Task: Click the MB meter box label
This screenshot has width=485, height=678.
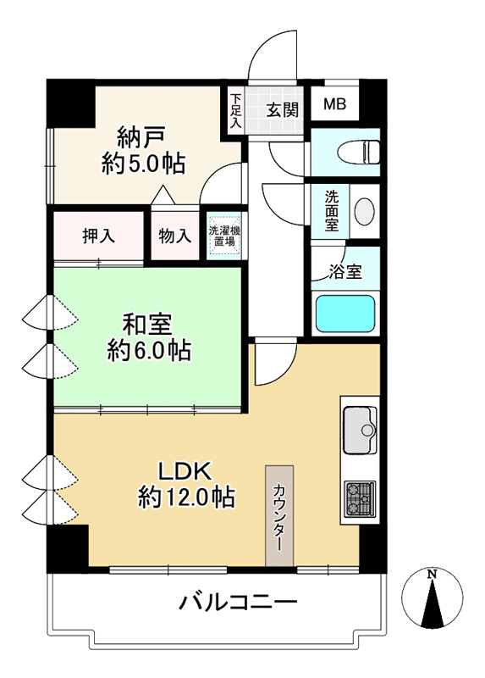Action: [335, 106]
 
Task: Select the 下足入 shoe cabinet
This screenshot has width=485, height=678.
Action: [234, 110]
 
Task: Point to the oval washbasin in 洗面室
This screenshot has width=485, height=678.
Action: [365, 210]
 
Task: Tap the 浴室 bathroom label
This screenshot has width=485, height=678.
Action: [344, 272]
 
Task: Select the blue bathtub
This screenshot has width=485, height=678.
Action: [344, 314]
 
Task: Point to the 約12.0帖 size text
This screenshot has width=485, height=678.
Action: [186, 498]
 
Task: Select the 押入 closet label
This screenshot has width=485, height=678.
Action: [99, 236]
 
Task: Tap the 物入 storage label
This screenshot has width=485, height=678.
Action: [174, 236]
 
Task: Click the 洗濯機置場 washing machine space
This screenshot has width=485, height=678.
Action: [224, 235]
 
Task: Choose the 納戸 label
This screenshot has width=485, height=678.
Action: [141, 136]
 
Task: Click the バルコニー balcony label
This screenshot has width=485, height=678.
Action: [238, 603]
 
